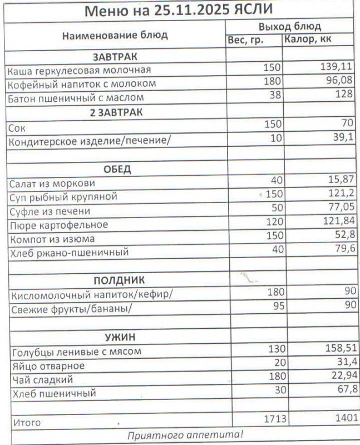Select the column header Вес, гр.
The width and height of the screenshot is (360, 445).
coord(245,41)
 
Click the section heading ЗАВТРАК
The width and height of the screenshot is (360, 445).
coord(115,57)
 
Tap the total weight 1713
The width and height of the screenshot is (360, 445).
coord(273,418)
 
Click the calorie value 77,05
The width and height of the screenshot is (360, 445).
coord(341,209)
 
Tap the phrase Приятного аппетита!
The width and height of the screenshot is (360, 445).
coord(185,434)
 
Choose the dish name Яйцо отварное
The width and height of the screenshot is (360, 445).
coord(48,366)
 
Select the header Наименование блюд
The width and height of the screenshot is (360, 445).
coord(115,36)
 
